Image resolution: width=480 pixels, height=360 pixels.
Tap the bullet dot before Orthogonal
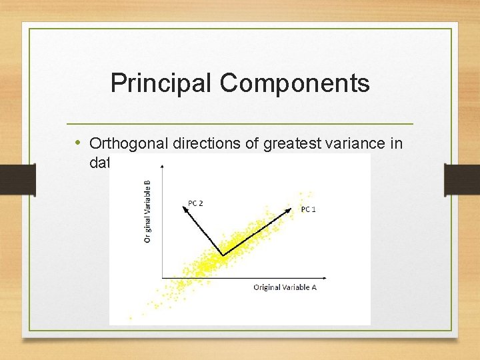(77, 143)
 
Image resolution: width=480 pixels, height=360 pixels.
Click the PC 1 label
(308, 209)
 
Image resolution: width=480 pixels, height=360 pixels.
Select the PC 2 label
(195, 203)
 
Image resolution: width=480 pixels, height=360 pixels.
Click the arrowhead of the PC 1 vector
(290, 208)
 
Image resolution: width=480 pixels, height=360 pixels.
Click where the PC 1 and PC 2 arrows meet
(222, 254)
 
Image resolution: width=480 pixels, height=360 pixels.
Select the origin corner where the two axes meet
(161, 278)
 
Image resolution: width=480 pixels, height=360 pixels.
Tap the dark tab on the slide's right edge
(462, 179)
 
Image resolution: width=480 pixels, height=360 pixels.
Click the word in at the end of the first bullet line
(397, 143)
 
